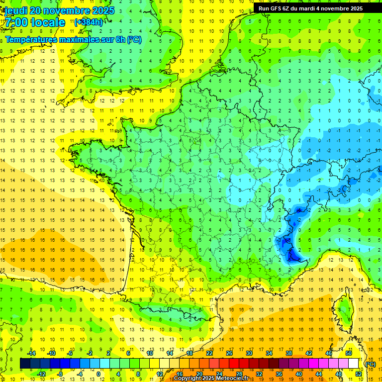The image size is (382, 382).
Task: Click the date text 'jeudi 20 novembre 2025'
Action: point(59,10)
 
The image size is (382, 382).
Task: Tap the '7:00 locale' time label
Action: point(35,22)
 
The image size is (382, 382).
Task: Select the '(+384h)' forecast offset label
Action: point(89,22)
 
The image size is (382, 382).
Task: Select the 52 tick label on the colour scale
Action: point(359,374)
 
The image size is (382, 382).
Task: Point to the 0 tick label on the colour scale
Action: point(98,374)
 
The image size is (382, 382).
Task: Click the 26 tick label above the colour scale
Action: point(229,353)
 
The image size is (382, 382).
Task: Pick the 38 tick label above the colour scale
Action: point(289,353)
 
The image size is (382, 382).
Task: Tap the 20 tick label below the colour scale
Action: point(199,374)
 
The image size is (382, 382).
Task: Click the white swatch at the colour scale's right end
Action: point(353,364)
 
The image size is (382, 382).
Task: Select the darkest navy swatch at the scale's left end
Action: point(25,364)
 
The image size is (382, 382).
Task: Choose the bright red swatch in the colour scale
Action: point(234,364)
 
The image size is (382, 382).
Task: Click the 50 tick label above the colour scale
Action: point(349,353)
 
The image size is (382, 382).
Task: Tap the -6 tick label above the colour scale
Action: point(70,353)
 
